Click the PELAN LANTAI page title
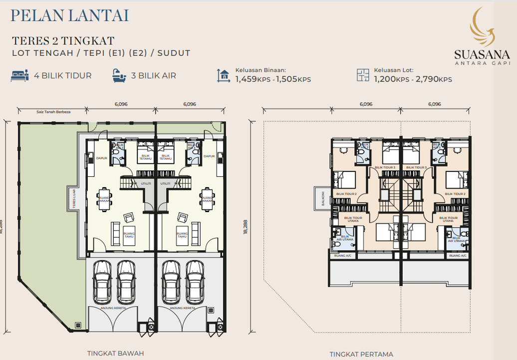click(x=69, y=15)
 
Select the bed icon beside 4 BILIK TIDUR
click(x=20, y=76)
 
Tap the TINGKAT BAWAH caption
click(x=116, y=353)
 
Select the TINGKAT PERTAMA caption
click(x=361, y=354)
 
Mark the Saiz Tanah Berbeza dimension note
click(x=53, y=112)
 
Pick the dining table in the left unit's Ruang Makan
click(x=104, y=199)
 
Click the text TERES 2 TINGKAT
click(x=63, y=40)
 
